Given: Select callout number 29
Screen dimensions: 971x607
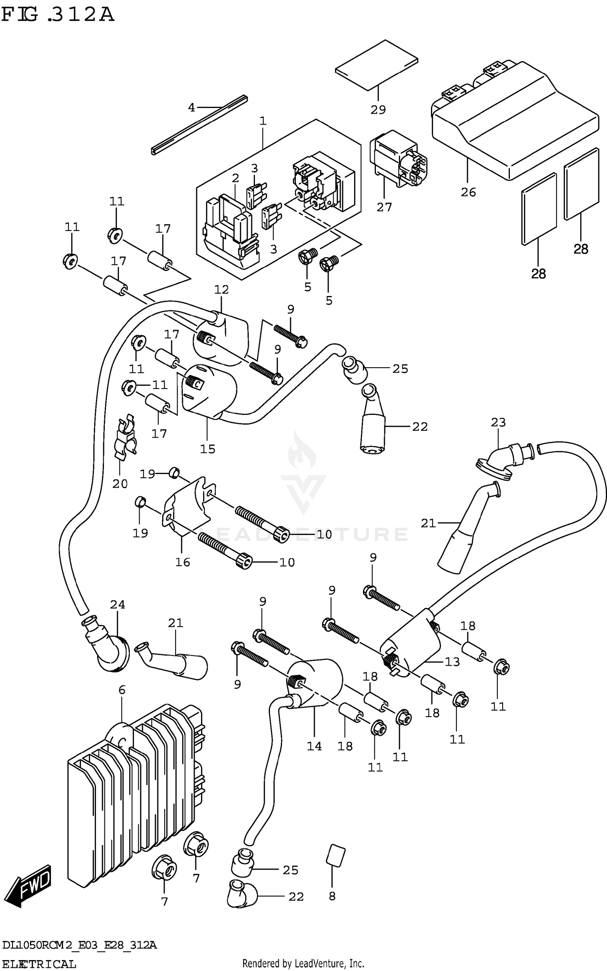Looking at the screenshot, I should point(378,110).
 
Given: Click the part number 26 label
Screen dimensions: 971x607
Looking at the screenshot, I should point(468,192).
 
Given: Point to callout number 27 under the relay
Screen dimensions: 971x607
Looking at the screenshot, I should point(384,207).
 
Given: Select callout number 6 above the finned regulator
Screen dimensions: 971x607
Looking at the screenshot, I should point(122,690).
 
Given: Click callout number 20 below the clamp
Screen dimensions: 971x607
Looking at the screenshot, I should point(120,484).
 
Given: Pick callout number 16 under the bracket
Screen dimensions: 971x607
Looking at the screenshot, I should point(183,562).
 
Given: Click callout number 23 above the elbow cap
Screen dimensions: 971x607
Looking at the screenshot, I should point(498,422).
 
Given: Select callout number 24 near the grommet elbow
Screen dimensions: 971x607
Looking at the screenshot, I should point(117,604).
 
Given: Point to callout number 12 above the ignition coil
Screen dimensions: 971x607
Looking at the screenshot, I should point(221,290).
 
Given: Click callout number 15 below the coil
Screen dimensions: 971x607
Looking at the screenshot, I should point(208,449).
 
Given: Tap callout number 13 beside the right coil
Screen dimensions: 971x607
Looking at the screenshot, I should point(452,662).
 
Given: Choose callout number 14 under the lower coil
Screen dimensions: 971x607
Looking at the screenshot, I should point(314,746).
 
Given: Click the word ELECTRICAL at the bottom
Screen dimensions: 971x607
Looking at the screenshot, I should point(39,964).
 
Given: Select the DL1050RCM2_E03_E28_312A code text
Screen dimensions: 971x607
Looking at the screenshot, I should point(79,945).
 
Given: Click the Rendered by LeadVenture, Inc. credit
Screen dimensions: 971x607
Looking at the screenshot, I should point(303,963).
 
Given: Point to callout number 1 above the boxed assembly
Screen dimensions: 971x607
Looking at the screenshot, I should point(263,121).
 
